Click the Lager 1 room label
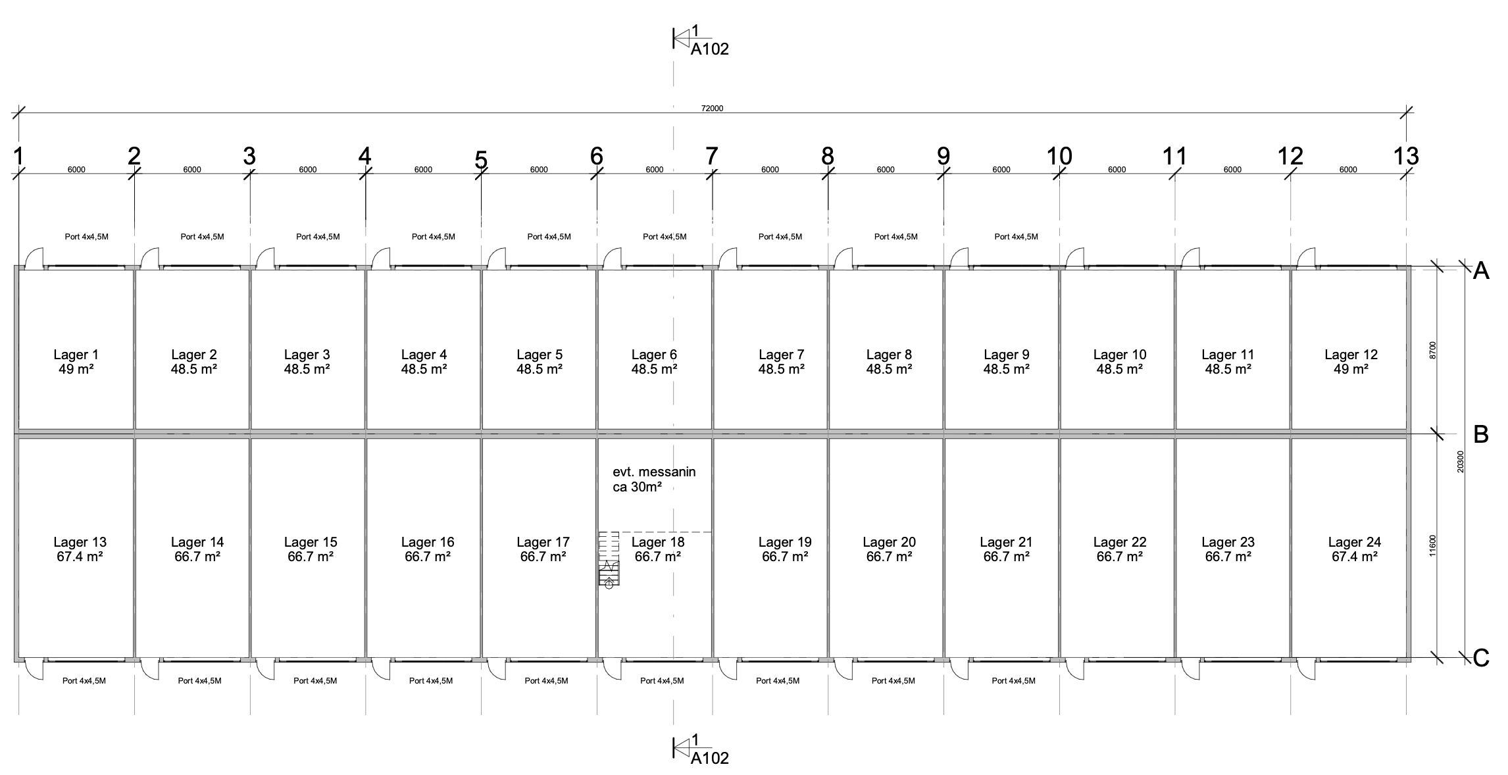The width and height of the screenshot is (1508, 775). tap(76, 355)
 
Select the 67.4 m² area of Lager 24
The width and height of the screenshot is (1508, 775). tap(1354, 557)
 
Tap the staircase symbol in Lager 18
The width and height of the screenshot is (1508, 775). tap(609, 559)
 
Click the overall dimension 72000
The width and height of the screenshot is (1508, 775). tap(712, 108)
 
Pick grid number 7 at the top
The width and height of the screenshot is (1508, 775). tap(711, 156)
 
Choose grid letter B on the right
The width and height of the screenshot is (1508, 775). tap(1480, 434)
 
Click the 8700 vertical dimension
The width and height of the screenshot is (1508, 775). tap(1433, 350)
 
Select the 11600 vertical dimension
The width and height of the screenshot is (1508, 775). tap(1433, 545)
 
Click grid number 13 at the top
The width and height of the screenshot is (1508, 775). tap(1406, 156)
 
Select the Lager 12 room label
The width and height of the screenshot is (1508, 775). tap(1351, 355)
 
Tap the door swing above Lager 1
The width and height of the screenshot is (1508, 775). tap(34, 257)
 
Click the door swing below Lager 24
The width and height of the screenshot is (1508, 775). tap(1306, 669)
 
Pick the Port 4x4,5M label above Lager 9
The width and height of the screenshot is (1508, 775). tap(1016, 236)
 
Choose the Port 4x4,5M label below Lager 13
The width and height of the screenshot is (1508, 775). tap(84, 681)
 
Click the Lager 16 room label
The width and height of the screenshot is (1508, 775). tap(428, 542)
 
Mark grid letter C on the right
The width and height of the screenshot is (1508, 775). tap(1480, 658)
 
